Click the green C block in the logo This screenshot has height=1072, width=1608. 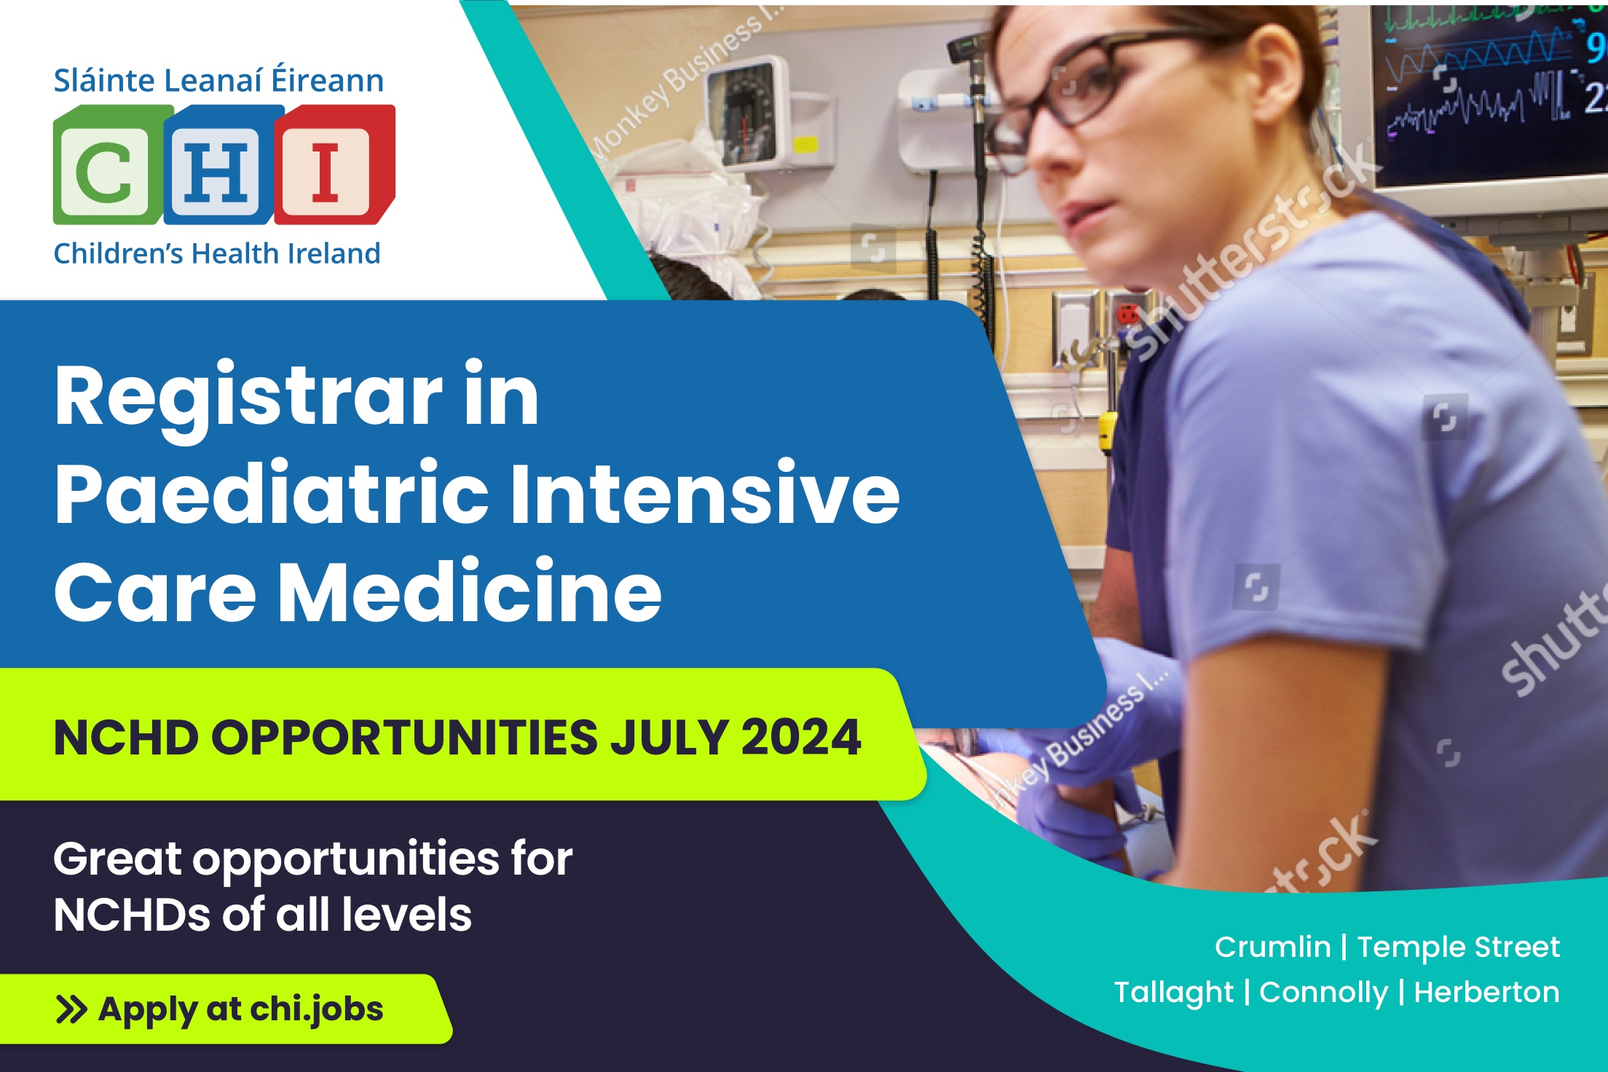tap(108, 166)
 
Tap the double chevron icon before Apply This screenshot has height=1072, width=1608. tap(71, 1010)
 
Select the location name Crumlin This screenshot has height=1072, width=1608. tap(1272, 947)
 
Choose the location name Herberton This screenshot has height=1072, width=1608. tap(1486, 993)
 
